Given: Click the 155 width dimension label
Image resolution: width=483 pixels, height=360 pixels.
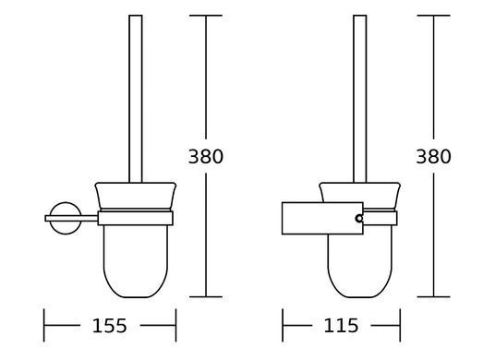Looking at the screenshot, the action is point(109,326).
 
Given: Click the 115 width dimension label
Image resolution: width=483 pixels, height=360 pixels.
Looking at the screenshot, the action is point(341,326).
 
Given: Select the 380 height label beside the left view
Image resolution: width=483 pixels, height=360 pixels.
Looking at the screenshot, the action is point(205,156).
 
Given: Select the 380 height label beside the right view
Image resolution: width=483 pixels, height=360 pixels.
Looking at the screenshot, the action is point(433,156).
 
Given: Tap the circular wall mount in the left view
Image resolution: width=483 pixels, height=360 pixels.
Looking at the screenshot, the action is point(66,204).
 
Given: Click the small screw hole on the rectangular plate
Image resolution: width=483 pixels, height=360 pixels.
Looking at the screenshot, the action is point(359,219).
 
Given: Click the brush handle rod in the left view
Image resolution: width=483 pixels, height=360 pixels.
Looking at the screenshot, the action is point(136,99).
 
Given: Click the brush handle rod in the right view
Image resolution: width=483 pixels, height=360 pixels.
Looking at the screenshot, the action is point(360,99).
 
